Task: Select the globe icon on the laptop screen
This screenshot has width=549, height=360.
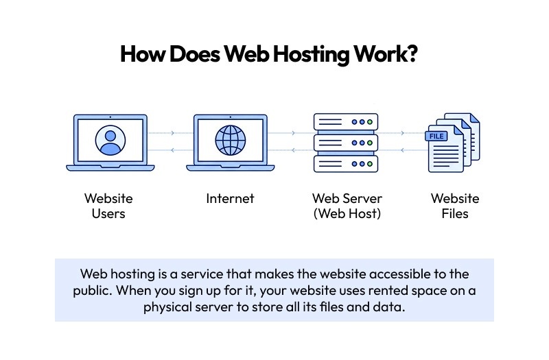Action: point(229,140)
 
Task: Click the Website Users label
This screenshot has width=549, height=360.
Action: point(108,206)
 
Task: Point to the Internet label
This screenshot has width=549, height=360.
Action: point(230,199)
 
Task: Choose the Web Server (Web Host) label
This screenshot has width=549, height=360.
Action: point(347,206)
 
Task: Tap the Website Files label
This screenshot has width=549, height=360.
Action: point(455,206)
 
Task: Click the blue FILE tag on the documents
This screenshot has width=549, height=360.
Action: point(437,136)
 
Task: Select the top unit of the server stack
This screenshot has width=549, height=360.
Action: point(347,122)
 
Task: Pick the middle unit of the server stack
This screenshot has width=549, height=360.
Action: point(347,143)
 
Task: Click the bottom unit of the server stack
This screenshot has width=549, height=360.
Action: point(347,164)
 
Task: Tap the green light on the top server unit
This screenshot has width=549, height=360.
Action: point(369,122)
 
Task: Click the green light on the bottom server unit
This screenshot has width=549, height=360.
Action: point(369,164)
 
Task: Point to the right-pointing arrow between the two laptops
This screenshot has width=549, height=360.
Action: point(172,133)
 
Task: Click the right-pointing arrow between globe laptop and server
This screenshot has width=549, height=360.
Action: point(294,133)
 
